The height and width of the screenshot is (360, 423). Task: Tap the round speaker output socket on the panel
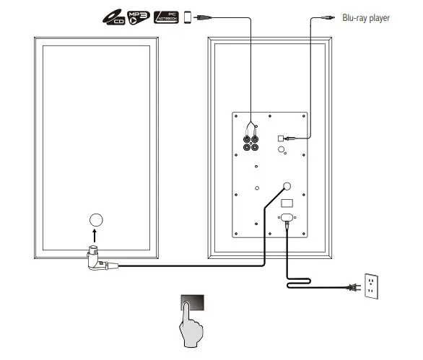287,185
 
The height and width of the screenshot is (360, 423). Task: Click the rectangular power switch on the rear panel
287,203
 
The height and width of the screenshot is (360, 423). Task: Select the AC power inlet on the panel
287,218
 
